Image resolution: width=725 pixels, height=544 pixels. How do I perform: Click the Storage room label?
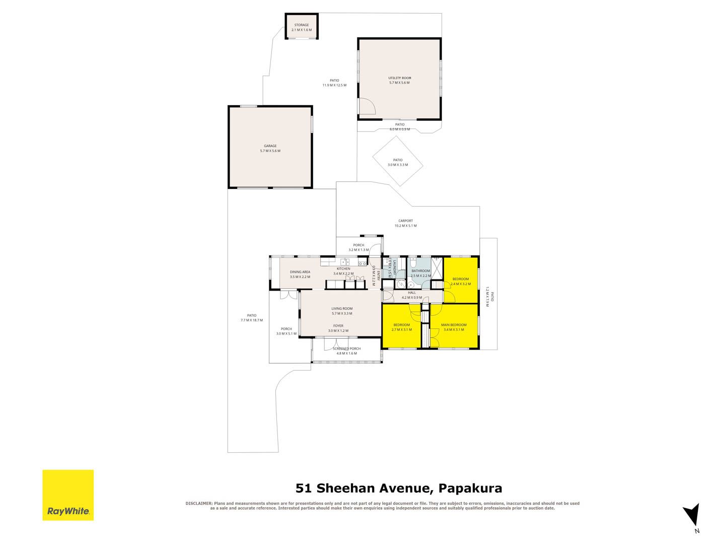coord(302,25)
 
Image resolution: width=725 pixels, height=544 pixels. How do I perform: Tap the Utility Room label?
coord(399,78)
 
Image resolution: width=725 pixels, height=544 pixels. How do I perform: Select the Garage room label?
coord(270,146)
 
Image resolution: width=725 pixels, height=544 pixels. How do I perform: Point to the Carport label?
coord(405,221)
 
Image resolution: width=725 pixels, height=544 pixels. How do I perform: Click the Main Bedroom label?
coord(454,325)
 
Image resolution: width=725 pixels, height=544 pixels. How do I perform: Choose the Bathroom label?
coord(420,271)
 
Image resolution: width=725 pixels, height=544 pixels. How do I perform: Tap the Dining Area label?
coord(300,272)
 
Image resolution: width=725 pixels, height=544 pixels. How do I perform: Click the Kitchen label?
coord(343,269)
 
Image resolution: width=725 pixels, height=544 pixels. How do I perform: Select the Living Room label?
coord(342,309)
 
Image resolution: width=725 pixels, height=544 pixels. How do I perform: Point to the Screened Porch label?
coord(346,349)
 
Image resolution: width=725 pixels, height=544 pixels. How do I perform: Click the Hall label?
coord(412,293)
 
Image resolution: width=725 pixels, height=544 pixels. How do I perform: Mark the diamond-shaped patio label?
coord(398,160)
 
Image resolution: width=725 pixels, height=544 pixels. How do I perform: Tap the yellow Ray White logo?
coord(68,495)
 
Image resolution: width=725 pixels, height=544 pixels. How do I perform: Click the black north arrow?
coord(692,515)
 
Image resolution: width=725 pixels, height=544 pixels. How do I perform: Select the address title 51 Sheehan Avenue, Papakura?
coord(399,488)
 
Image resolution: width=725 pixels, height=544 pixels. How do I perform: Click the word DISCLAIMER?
coord(199,503)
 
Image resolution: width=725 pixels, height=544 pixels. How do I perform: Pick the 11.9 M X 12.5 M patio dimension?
coord(334,85)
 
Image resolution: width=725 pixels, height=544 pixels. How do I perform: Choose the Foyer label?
coord(338,326)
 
